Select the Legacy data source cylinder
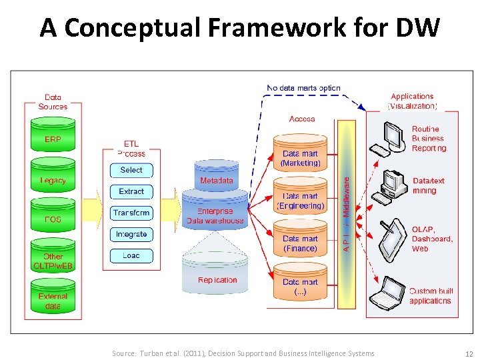(53, 180)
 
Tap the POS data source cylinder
(53, 219)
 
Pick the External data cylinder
(53, 300)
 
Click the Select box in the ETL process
(131, 170)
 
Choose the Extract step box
(131, 191)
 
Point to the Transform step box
(131, 213)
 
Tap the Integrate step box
(131, 234)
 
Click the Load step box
(131, 255)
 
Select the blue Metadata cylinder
(216, 179)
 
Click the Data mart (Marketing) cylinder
(300, 157)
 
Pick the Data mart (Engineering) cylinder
(300, 201)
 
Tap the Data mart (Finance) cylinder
(300, 243)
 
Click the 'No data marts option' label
(303, 87)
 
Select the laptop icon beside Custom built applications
(389, 293)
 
